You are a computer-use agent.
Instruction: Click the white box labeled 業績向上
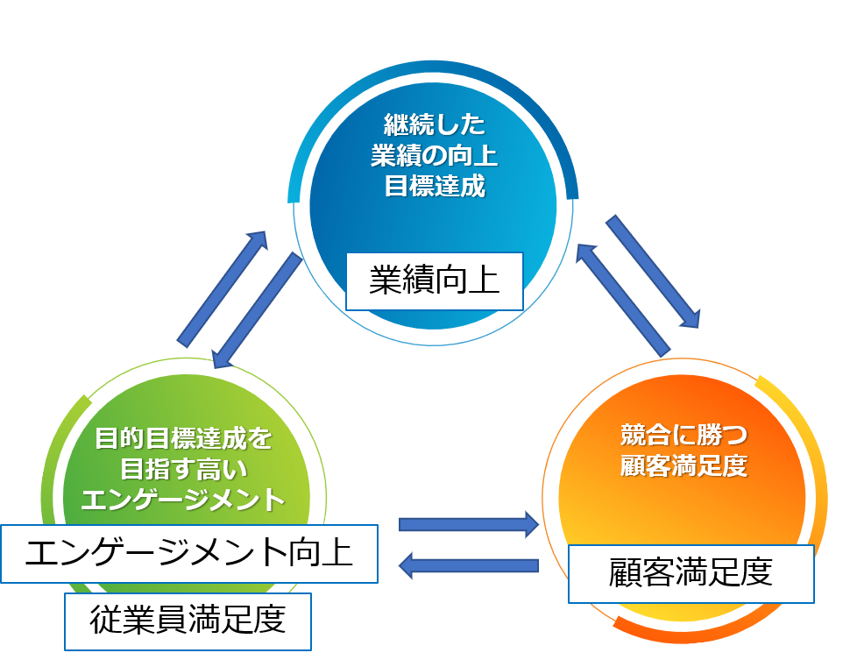pos(434,281)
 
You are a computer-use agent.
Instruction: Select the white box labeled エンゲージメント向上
pos(188,554)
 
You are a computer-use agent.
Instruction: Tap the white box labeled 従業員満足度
pos(188,621)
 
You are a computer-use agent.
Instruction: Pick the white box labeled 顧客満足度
pos(691,573)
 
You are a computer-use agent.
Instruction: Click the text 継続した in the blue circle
pos(434,124)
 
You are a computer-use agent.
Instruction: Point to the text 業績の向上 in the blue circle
pos(434,155)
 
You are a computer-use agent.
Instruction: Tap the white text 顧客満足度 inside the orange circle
pos(683,465)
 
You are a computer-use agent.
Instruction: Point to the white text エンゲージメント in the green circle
pos(183,500)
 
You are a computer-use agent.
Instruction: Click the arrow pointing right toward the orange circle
pos(469,524)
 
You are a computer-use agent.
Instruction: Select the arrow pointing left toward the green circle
pos(469,565)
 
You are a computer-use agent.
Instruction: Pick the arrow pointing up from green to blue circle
pos(223,287)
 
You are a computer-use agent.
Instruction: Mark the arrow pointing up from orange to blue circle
pos(620,299)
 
